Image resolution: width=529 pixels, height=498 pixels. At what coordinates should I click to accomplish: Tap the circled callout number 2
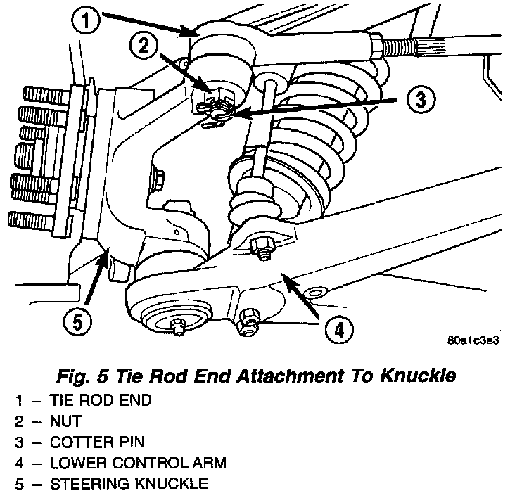click(143, 47)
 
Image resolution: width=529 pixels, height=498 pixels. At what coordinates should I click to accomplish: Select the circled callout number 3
click(420, 101)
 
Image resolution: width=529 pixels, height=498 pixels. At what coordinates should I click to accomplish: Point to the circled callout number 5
click(76, 323)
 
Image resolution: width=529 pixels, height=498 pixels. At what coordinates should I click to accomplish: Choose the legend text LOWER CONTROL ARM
click(127, 464)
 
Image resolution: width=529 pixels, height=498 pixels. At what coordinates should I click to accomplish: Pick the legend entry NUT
click(66, 421)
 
